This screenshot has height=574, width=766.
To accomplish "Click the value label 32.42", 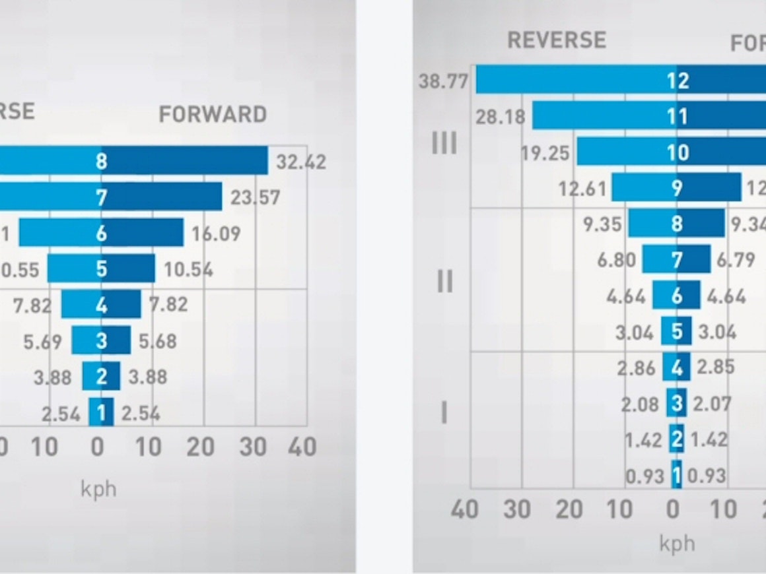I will coord(301,162).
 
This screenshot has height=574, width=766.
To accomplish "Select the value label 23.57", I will coord(256,197).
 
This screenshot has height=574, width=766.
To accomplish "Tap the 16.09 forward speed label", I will coord(216,234).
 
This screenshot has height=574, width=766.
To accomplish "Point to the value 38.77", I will coord(443,82).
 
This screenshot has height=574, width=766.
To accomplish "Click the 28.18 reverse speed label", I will coord(501,117).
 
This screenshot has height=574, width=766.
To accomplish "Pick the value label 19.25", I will coord(545,153).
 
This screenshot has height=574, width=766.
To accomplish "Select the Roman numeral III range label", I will coord(444,143).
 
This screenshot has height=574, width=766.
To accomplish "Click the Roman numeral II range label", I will coord(445,282).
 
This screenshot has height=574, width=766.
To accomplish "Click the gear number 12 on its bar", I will coord(677,80).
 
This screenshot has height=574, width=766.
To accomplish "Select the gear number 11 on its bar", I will coord(677,116).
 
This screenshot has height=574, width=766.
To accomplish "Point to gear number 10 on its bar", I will coord(677,152).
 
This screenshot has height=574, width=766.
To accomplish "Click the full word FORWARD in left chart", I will coord(213,114).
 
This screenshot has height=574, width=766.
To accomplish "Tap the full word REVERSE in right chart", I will coord(557,40).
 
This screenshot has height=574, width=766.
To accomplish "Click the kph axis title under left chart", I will coord(98,489).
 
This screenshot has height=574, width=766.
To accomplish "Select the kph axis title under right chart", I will coord(677,543).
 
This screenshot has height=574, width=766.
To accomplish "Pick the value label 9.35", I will coord(602,224).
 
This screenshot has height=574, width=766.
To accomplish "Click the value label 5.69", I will coord(42,342).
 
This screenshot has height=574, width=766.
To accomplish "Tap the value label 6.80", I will coord(617,260).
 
